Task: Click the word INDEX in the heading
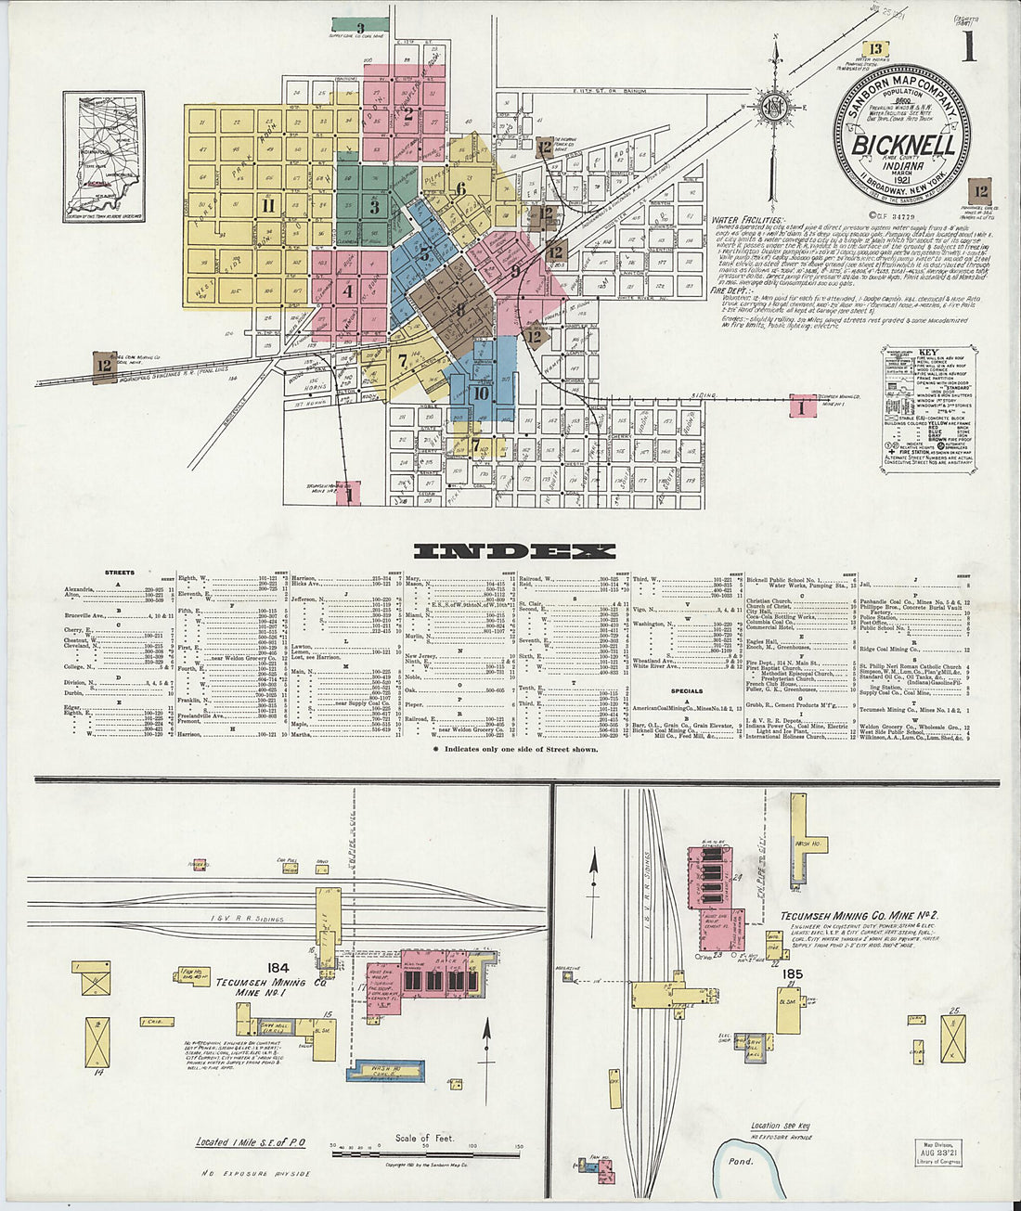(515, 551)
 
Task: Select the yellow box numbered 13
(875, 49)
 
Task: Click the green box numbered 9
(346, 25)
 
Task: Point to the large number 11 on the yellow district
(268, 206)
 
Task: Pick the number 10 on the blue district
(480, 393)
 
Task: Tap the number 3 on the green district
(374, 208)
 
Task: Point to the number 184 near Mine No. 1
(278, 969)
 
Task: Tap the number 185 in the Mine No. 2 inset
(791, 974)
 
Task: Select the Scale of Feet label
(424, 1139)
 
